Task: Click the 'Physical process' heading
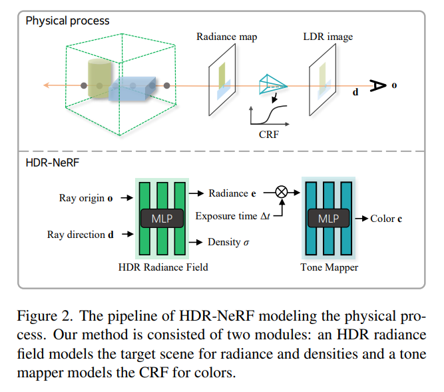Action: pyautogui.click(x=67, y=21)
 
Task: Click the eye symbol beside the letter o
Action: pyautogui.click(x=377, y=85)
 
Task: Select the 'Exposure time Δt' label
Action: pyautogui.click(x=231, y=217)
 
